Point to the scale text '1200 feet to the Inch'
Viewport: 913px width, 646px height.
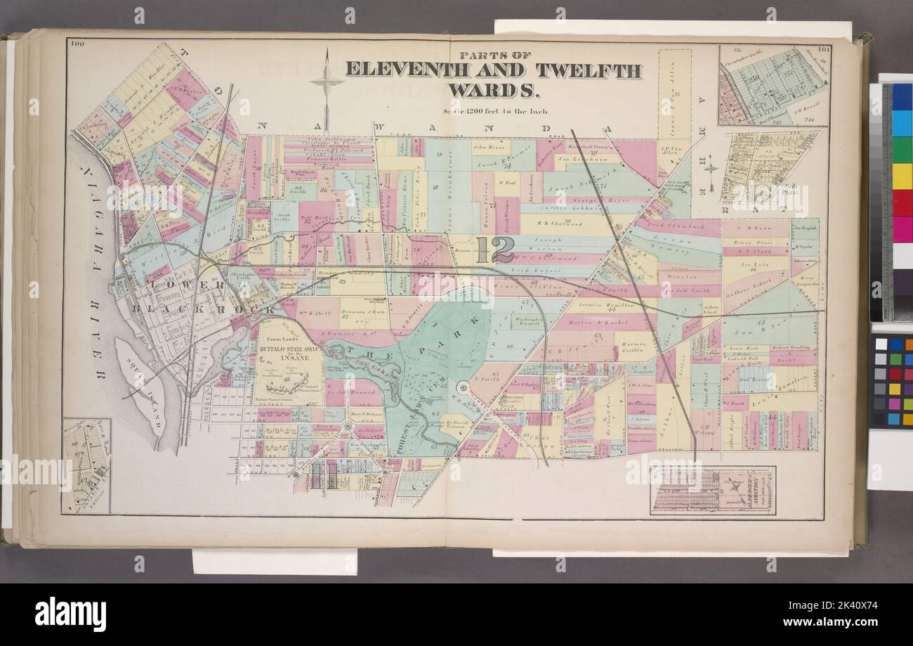497,110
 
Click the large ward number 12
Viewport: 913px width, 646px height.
495,250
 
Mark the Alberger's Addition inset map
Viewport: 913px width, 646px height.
712,490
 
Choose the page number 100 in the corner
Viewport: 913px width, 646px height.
77,45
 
